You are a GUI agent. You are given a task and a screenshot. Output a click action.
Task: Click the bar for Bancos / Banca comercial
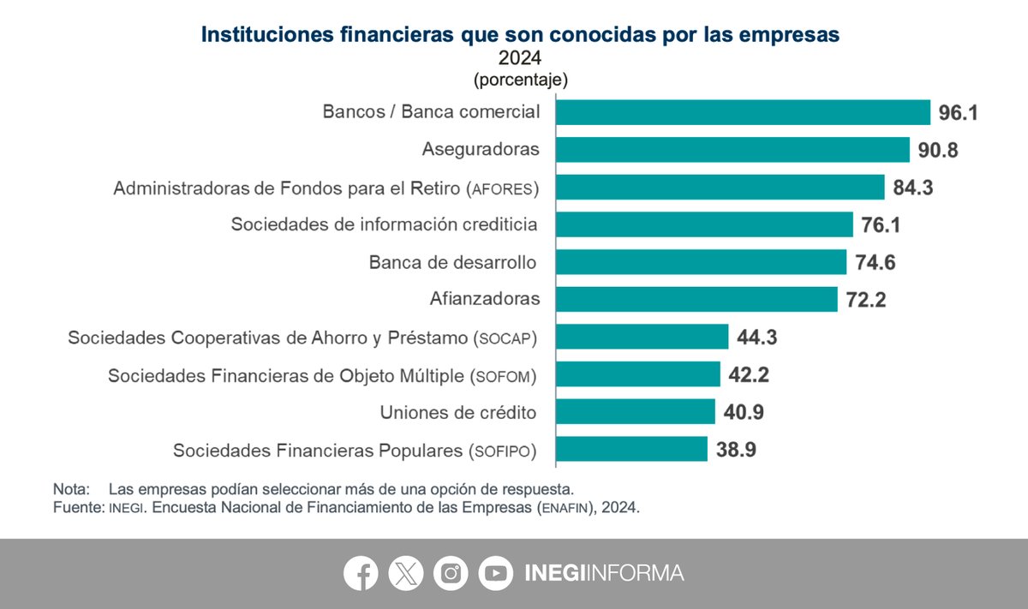743,112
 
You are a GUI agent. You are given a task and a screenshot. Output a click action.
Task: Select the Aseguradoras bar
732,150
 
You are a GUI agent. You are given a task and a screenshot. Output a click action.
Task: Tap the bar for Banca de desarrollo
701,262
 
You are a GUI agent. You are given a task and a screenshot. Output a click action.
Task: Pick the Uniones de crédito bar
635,412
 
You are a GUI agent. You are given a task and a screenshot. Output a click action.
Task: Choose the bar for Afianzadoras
696,299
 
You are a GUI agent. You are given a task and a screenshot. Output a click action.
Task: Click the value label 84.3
913,188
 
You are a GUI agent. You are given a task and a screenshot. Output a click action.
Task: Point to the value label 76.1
881,225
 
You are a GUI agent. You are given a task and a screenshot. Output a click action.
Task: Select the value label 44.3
757,337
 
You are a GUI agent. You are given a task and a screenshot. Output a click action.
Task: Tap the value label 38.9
736,450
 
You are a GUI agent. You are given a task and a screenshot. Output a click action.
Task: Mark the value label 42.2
749,375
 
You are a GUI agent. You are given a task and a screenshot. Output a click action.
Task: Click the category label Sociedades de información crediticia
384,224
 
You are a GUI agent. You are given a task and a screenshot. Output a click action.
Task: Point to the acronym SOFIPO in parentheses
503,451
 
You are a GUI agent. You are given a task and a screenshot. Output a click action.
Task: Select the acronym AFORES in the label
503,189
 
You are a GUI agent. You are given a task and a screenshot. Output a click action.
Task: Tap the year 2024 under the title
520,58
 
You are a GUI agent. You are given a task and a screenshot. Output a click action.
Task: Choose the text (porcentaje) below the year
521,80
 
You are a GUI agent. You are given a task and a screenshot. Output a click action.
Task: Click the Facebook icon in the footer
361,573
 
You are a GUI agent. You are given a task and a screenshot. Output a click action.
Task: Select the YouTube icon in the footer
496,573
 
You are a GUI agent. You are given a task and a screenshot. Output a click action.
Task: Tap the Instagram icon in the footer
451,573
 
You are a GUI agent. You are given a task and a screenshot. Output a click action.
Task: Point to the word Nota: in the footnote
71,489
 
